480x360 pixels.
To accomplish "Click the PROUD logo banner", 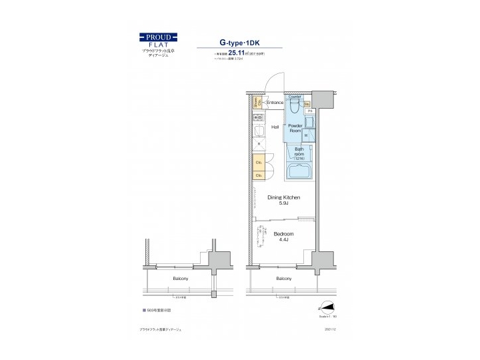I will point(158,37).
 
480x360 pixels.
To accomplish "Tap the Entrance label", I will point(275,103).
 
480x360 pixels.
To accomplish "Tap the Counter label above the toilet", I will point(295,97).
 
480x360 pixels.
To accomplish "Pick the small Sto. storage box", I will point(307,105).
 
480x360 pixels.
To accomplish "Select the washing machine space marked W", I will point(306,135).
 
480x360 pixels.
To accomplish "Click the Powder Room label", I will point(295,128).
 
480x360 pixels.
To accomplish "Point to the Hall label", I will point(275,127).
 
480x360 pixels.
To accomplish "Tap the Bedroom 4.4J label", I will point(283,237).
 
